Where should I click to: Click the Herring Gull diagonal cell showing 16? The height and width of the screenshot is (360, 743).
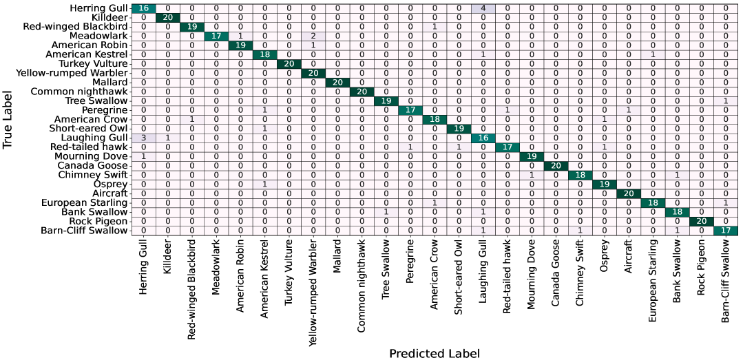(143, 8)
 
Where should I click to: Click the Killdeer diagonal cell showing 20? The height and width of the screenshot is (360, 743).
(167, 17)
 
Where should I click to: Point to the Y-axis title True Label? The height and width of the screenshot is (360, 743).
(9, 120)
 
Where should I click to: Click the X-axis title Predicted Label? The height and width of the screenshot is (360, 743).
(434, 353)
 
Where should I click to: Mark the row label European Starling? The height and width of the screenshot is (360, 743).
(84, 202)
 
